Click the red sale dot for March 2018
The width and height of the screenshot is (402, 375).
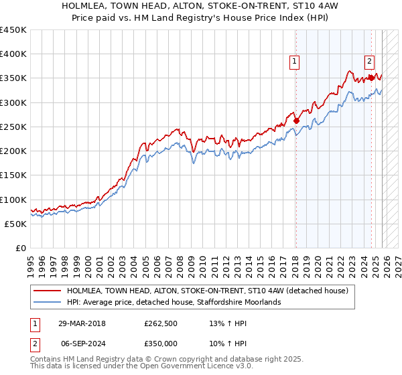point(296,121)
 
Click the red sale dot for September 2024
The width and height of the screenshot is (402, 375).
point(371,78)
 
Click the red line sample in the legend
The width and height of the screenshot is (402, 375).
point(47,291)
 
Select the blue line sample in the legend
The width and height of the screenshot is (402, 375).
point(47,303)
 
